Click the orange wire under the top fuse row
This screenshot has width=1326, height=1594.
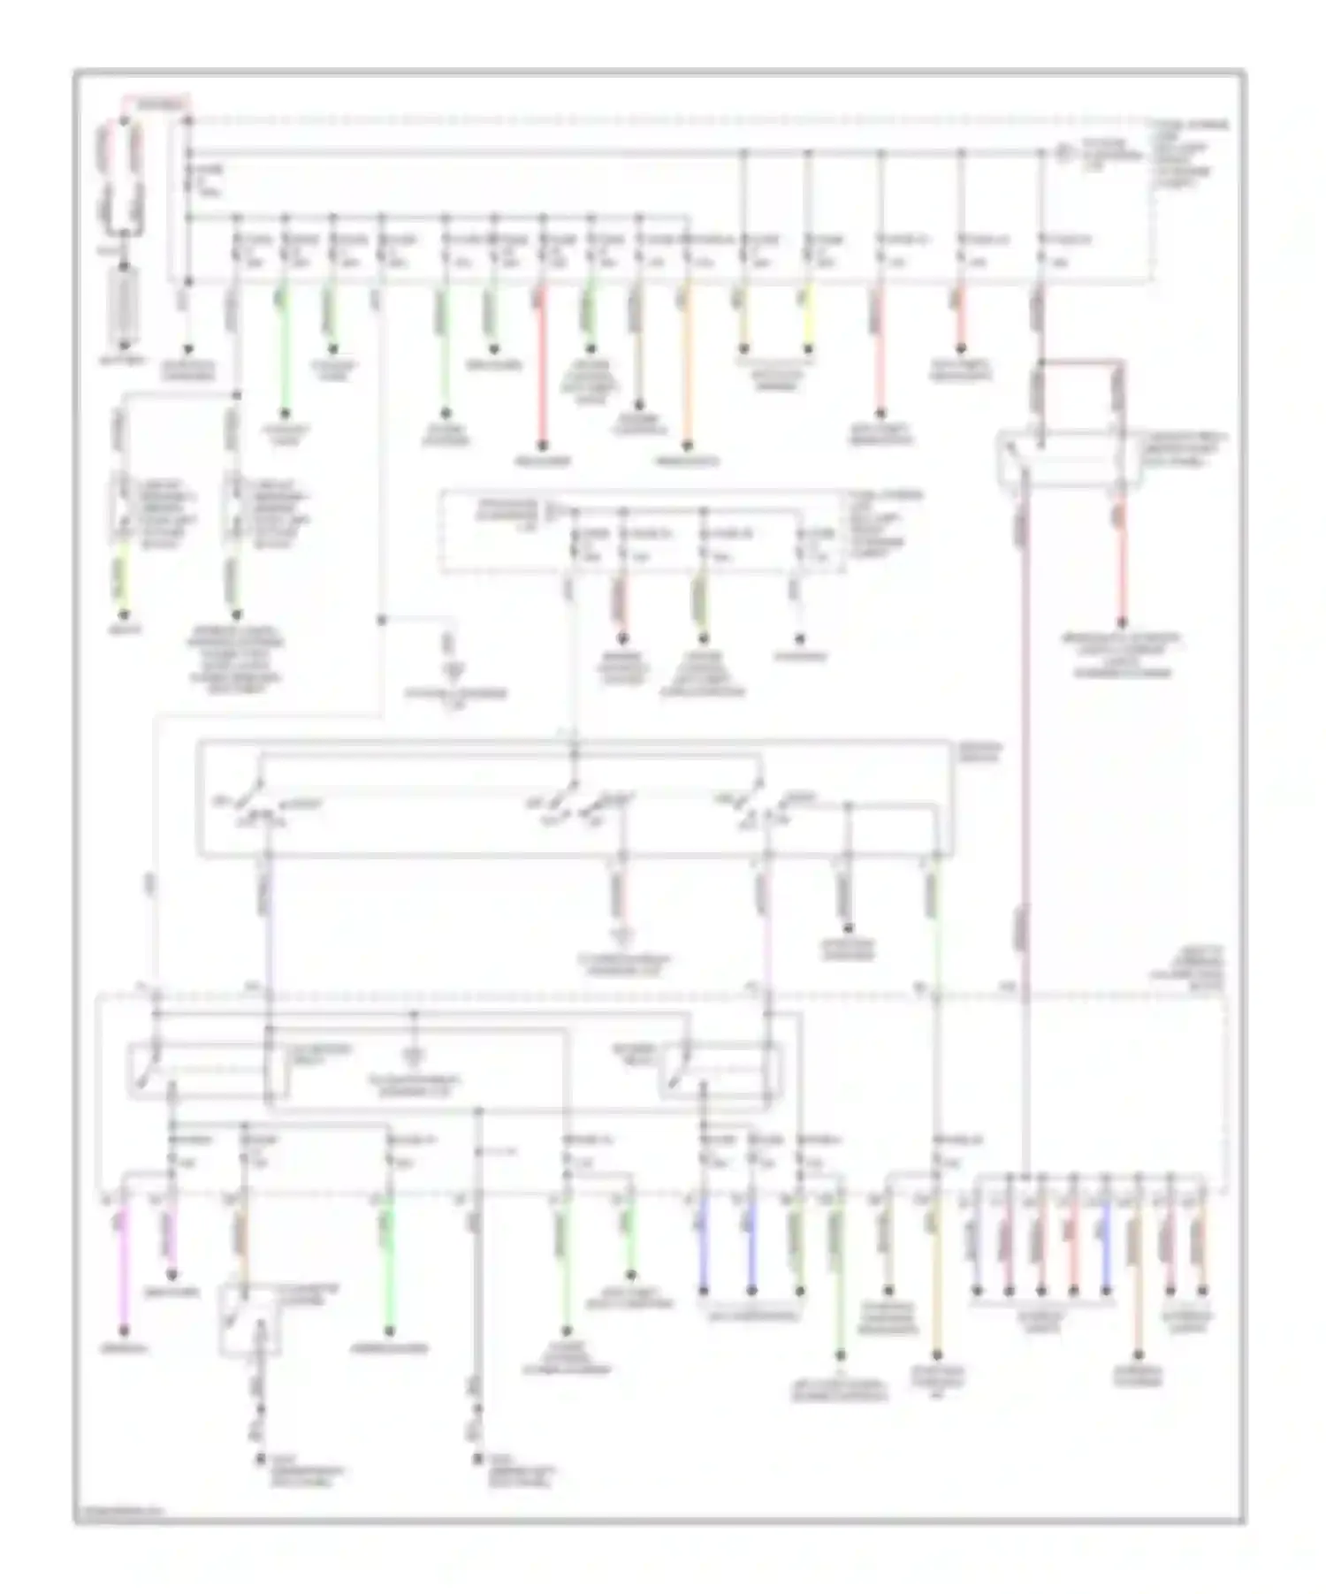[687, 371]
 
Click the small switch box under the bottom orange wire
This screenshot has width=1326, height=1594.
[250, 1322]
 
